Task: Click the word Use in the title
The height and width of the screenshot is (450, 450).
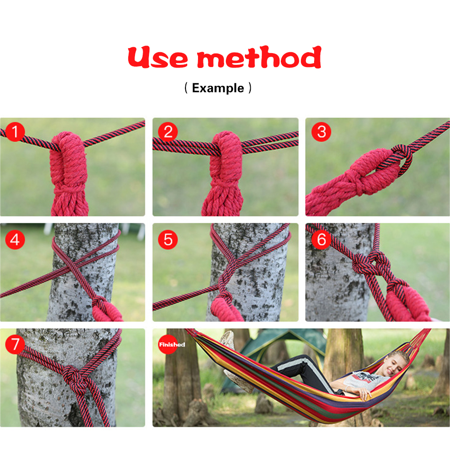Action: [158, 58]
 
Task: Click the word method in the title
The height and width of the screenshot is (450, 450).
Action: [259, 58]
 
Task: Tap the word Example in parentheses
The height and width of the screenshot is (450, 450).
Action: [218, 88]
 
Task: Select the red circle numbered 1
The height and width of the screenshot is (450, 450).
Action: [15, 132]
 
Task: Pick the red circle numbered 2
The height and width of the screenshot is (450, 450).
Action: [168, 132]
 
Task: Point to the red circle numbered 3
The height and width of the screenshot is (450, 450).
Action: [321, 132]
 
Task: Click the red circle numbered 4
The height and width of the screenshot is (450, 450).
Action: [15, 239]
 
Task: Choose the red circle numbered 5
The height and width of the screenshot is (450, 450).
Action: [168, 239]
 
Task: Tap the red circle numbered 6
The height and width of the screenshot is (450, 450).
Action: [321, 239]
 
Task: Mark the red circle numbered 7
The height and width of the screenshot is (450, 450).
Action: [15, 344]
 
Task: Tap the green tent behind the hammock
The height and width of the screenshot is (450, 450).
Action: [275, 353]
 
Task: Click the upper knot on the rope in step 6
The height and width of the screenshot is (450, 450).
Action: [370, 263]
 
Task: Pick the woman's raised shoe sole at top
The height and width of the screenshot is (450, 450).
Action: [228, 339]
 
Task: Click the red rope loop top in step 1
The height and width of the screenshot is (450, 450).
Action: [69, 138]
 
